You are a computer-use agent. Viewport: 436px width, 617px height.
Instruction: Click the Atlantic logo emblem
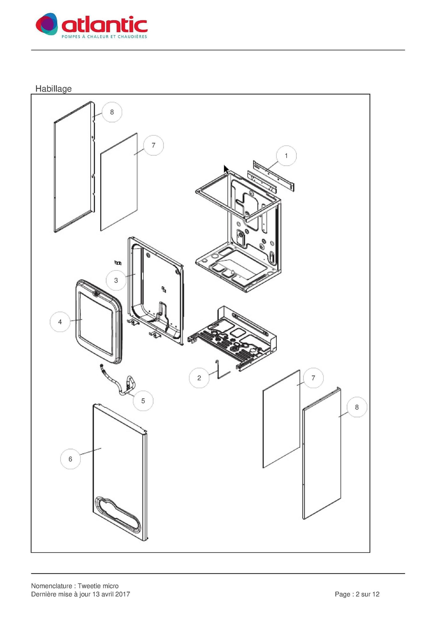point(47,24)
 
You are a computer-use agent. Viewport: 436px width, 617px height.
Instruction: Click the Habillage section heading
point(53,89)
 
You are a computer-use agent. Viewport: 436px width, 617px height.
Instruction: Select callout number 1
point(286,156)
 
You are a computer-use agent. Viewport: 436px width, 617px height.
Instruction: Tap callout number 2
point(199,378)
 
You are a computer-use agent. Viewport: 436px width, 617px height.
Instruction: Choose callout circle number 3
point(116,280)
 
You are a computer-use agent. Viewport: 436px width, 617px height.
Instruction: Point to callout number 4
point(60,322)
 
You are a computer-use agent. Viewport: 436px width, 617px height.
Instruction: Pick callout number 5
point(143,401)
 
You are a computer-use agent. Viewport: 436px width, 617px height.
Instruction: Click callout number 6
point(71,459)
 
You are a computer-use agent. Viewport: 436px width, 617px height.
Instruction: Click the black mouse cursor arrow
point(226,170)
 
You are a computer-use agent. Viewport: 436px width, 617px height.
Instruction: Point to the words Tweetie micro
point(98,586)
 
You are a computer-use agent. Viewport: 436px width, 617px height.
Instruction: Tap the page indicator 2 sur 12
point(367,594)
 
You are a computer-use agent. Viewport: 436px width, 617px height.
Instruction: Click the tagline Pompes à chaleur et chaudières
point(104,37)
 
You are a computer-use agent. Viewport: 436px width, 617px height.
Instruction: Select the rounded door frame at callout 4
point(99,322)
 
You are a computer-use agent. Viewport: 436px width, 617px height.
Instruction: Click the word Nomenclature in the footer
point(51,586)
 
